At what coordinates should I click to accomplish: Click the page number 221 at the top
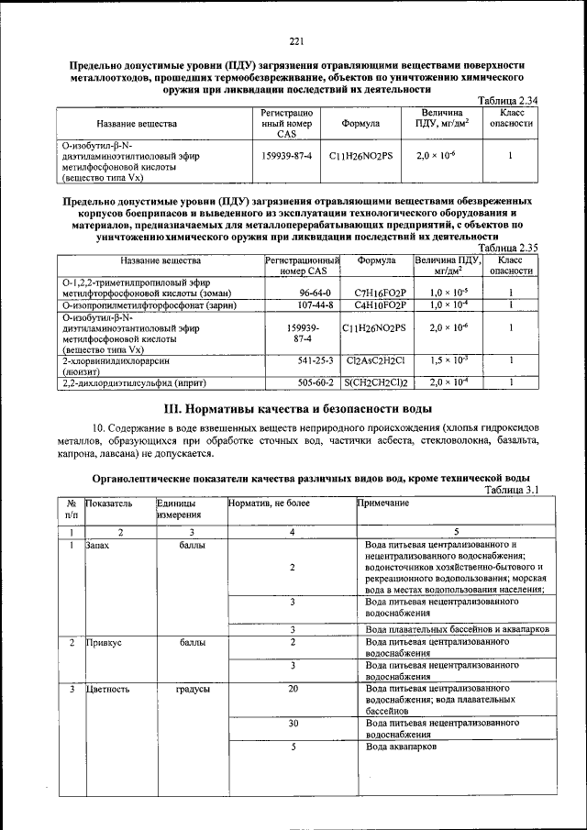point(295,41)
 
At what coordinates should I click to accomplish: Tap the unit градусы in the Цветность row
point(193,688)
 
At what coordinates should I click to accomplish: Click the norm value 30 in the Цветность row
point(293,723)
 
